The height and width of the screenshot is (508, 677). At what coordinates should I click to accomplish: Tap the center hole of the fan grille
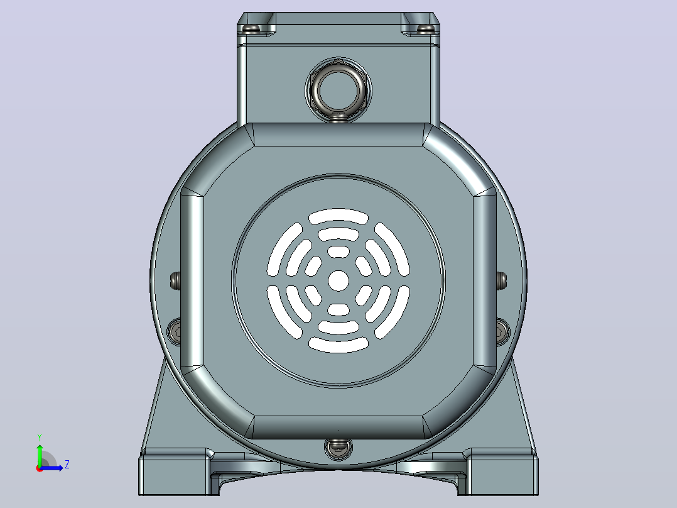338,280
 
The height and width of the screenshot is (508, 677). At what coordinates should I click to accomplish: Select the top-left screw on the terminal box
251,29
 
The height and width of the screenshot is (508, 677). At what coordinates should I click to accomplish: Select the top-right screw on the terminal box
426,29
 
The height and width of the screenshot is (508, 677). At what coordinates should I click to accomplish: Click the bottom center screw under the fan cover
338,448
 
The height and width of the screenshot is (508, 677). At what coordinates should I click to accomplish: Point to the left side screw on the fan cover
175,280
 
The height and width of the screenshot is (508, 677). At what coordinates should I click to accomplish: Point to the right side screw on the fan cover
502,280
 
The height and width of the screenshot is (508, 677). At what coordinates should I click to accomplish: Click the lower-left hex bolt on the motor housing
175,331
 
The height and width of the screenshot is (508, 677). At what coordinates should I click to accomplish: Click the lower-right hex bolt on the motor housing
502,331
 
